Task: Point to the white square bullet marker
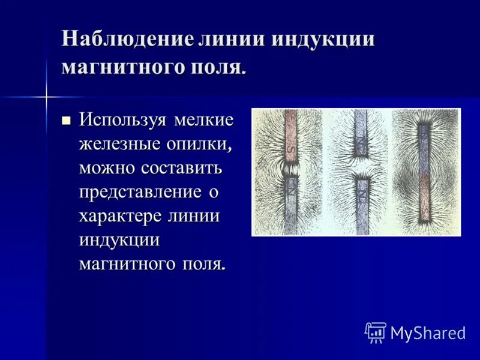[x=67, y=120]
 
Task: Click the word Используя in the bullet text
[x=124, y=120]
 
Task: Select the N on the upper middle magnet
[x=361, y=142]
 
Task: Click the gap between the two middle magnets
[x=361, y=167]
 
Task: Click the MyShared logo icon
[x=376, y=332]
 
